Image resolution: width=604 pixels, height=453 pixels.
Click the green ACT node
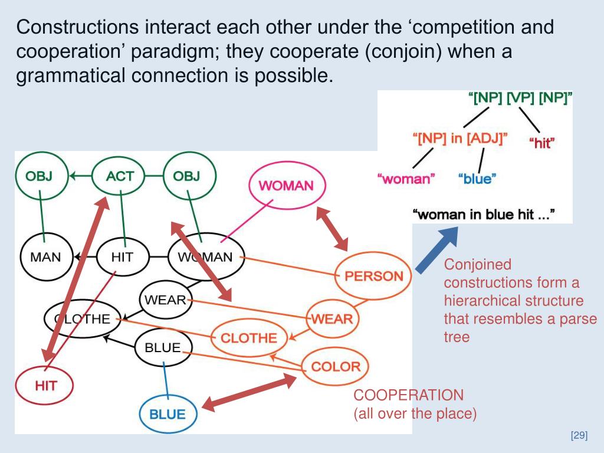coord(120,176)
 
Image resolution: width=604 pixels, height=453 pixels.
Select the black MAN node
coord(45,257)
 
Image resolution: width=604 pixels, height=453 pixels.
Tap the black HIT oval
coord(122,257)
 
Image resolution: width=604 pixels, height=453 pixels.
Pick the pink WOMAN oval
coord(286,185)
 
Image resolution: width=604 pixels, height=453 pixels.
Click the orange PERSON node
coord(373,275)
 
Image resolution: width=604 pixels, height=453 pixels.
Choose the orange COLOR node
coord(335,366)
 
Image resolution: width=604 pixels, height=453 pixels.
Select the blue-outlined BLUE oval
coord(167,413)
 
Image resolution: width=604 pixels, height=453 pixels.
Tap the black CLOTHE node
coord(83,319)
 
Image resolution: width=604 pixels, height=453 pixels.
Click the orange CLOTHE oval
coord(248,338)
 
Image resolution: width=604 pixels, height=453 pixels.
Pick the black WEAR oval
coord(165,300)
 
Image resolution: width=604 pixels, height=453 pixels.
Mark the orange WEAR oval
coord(332,319)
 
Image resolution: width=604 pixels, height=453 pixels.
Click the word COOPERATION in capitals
coord(408,395)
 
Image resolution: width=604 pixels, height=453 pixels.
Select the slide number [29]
coord(579,436)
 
